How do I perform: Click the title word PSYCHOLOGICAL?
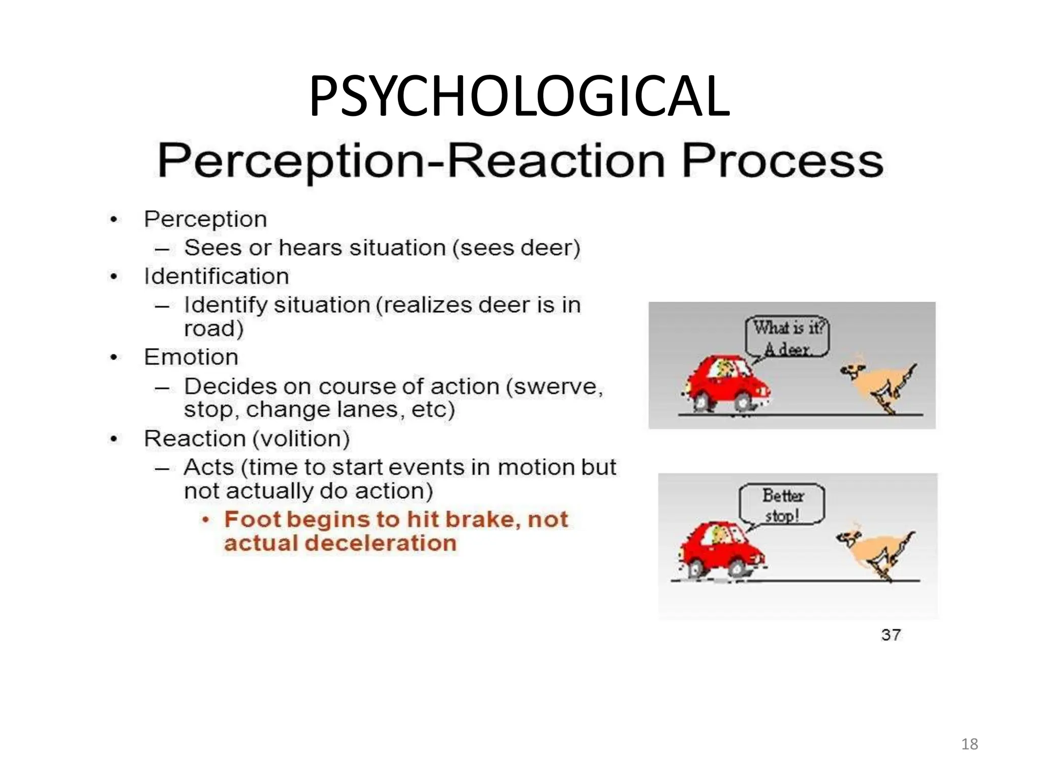(519, 96)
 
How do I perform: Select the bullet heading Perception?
(205, 220)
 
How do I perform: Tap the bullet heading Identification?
(217, 277)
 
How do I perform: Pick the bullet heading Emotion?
(191, 357)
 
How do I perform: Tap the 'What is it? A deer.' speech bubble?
(787, 337)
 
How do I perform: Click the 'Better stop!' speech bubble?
(782, 504)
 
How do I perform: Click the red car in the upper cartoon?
(726, 384)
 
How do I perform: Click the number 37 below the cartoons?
(891, 635)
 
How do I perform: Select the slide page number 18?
(969, 744)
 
